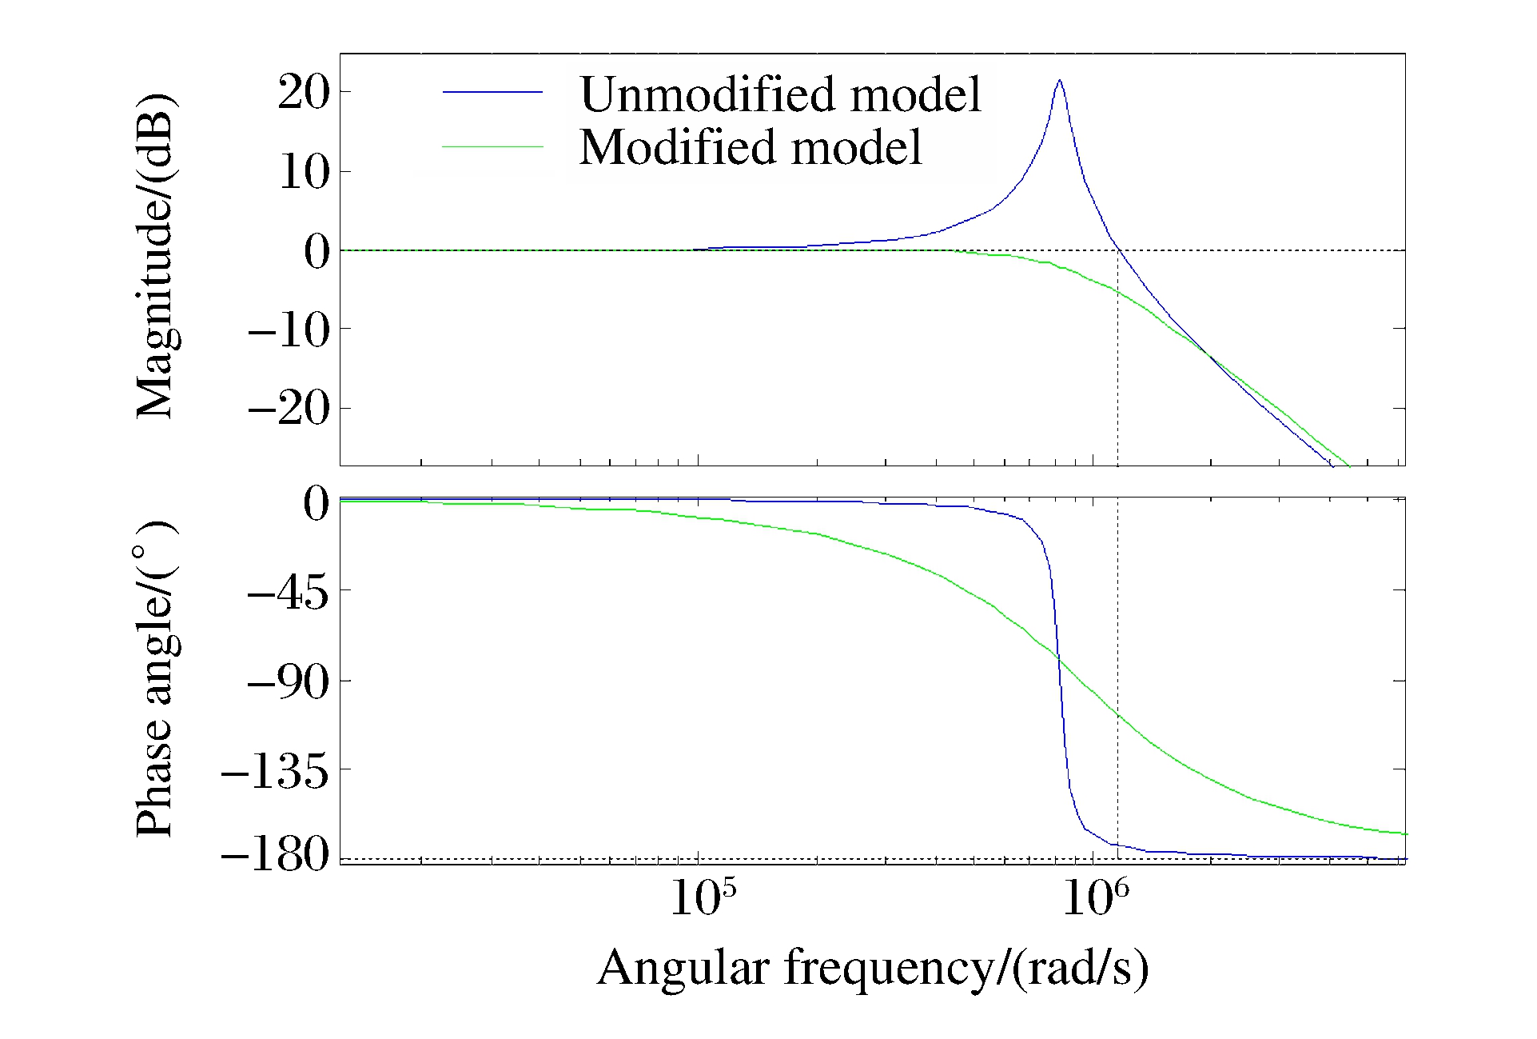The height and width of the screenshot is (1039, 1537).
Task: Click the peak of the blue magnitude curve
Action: point(1059,80)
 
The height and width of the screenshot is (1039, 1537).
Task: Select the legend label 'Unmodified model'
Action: point(780,94)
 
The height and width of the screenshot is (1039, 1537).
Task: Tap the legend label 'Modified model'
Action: point(751,147)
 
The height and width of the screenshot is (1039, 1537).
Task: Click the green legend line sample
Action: point(492,147)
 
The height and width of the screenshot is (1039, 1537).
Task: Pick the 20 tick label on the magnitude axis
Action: point(304,93)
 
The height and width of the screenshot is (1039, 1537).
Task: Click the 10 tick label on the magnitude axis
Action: point(304,172)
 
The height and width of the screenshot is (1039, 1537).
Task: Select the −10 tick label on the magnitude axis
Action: point(289,330)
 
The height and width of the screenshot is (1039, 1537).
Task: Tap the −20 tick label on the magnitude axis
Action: point(289,410)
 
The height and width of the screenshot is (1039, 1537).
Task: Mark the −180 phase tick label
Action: point(275,856)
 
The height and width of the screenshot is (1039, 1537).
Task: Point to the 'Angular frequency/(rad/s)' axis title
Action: point(873,968)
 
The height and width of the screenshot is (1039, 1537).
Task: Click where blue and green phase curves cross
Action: point(1059,657)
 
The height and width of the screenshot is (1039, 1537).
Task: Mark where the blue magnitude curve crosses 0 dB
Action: point(1118,250)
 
